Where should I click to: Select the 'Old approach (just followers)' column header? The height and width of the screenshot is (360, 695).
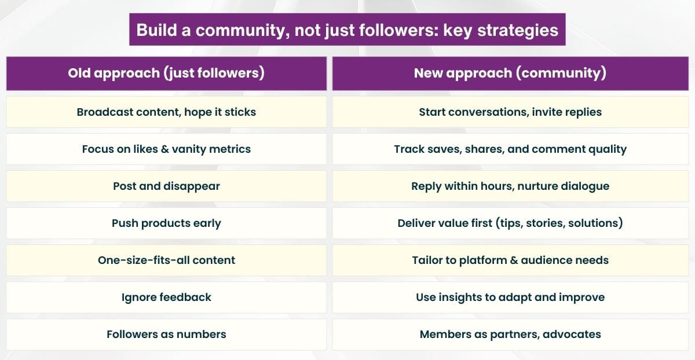[166, 73]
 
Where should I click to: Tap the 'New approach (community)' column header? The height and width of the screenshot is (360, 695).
[510, 73]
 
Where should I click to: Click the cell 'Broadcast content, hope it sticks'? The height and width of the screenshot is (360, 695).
[166, 112]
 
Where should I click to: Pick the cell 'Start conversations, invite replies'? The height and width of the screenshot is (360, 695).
[510, 112]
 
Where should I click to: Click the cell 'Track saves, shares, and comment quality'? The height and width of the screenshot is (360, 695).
[510, 149]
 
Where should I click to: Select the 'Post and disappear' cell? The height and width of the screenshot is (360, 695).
[166, 186]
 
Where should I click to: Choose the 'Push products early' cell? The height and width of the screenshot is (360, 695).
[166, 223]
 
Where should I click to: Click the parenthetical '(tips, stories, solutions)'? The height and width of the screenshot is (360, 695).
[559, 223]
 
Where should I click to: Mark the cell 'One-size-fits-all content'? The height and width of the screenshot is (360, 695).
[166, 260]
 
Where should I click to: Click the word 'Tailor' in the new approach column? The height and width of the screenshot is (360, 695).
[426, 260]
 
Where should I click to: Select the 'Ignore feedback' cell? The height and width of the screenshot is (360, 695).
[166, 297]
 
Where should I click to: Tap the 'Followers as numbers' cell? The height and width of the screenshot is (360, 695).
[166, 334]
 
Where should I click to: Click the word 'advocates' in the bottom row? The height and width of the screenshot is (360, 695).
[572, 334]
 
